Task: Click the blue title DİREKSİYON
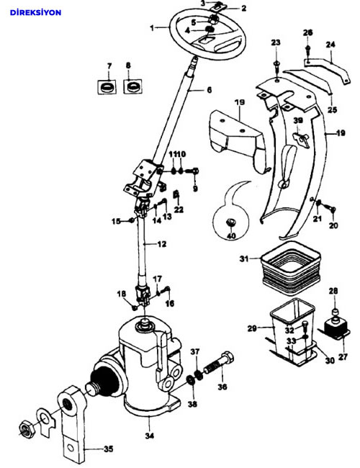coord(35,12)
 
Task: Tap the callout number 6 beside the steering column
coord(210,89)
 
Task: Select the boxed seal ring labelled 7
coord(107,87)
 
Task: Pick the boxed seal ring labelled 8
coord(132,86)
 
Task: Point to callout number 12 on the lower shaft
coord(162,244)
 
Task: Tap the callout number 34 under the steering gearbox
coord(150,436)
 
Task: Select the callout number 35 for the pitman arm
coord(109,449)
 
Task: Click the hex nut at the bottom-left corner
coord(27,430)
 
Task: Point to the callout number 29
coord(252,328)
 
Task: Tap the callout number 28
coord(334,291)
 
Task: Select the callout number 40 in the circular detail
coord(231,235)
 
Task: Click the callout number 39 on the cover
coord(298,120)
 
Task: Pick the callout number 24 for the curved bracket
coord(330,45)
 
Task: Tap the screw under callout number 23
coord(276,66)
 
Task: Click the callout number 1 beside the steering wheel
coord(152,28)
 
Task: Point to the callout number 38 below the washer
coord(193,404)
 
